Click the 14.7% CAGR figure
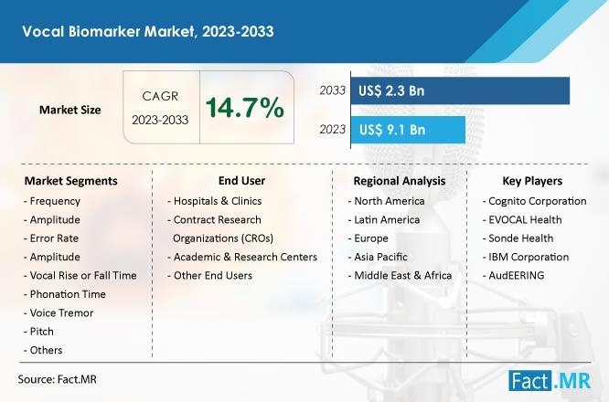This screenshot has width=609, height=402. point(245,108)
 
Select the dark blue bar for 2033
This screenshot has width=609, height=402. point(460,90)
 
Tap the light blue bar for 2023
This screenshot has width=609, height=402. point(408,130)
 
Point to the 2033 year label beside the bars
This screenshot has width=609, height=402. point(333,90)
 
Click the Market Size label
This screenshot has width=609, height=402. point(69,110)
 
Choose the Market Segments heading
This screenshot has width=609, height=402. point(70,181)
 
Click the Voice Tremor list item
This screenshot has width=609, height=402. point(59,312)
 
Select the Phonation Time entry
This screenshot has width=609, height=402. point(65,294)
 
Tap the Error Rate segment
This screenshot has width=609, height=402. point(51,238)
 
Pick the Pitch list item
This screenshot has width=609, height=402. point(38,332)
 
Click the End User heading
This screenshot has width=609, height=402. point(241,181)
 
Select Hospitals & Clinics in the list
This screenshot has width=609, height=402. point(215,201)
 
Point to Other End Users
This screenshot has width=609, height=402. point(210,276)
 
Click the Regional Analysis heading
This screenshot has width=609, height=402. point(400,181)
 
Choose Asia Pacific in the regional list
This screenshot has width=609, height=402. point(378,257)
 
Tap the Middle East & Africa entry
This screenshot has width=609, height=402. point(400,276)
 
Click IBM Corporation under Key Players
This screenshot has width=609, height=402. point(526,257)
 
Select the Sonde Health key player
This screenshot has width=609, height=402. point(518,238)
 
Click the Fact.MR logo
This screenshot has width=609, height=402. point(550,381)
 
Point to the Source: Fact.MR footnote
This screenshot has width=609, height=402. point(57,379)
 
